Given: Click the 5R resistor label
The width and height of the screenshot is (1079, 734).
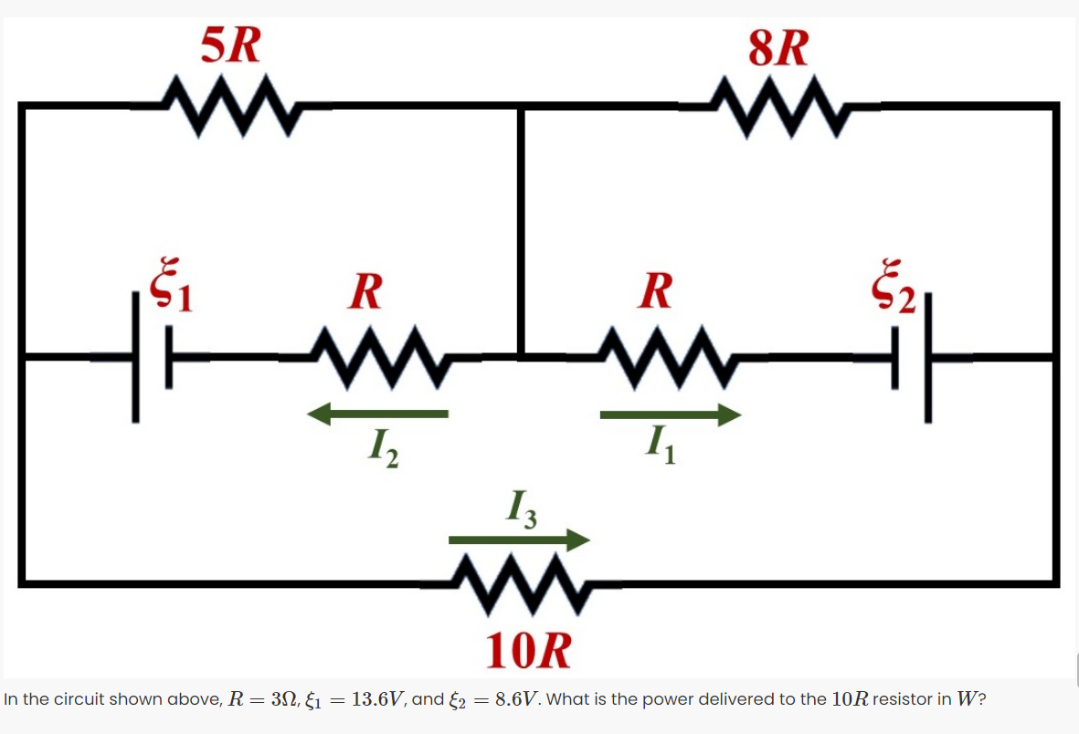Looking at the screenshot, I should click(231, 46).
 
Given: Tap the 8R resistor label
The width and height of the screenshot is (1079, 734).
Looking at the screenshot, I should click(778, 48).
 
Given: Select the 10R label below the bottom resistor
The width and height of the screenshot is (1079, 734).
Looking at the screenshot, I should click(529, 651).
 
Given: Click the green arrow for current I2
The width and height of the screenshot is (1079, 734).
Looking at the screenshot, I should click(377, 415).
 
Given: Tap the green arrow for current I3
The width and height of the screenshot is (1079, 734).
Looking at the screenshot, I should click(519, 540).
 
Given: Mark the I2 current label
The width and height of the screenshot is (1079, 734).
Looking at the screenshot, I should click(383, 448).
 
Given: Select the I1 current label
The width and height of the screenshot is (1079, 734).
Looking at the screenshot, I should click(659, 447).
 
